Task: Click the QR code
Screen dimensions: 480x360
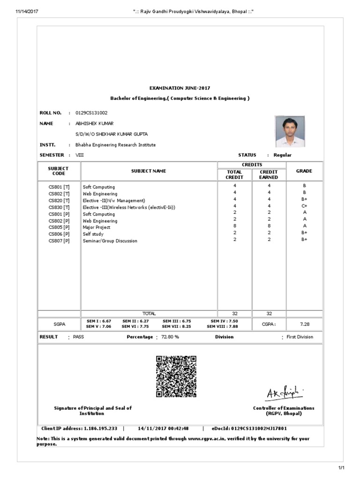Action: click(x=176, y=376)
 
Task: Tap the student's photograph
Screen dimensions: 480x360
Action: click(x=289, y=132)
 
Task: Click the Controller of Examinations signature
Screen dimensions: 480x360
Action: click(x=285, y=394)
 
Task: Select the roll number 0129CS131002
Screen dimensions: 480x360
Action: click(x=91, y=113)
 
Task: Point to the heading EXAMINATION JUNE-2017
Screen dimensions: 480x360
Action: click(x=180, y=88)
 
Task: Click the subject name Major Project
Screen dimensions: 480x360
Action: click(x=97, y=227)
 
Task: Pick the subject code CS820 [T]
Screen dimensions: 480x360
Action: click(x=59, y=200)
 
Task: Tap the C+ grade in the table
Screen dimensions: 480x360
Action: click(x=304, y=207)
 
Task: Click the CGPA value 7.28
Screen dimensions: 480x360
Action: click(x=304, y=324)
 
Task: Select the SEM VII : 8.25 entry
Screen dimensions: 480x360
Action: click(x=177, y=326)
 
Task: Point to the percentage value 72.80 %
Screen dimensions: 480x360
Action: click(x=170, y=337)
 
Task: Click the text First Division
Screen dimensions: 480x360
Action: click(x=300, y=337)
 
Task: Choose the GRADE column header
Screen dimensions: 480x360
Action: click(x=304, y=171)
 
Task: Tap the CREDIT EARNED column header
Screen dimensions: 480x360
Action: click(x=269, y=174)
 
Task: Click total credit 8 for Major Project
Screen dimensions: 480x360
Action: click(x=234, y=227)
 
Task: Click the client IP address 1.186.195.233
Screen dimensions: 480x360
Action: click(x=101, y=428)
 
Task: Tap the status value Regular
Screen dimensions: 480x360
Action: click(x=283, y=155)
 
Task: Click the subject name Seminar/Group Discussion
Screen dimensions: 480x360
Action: click(x=110, y=241)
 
